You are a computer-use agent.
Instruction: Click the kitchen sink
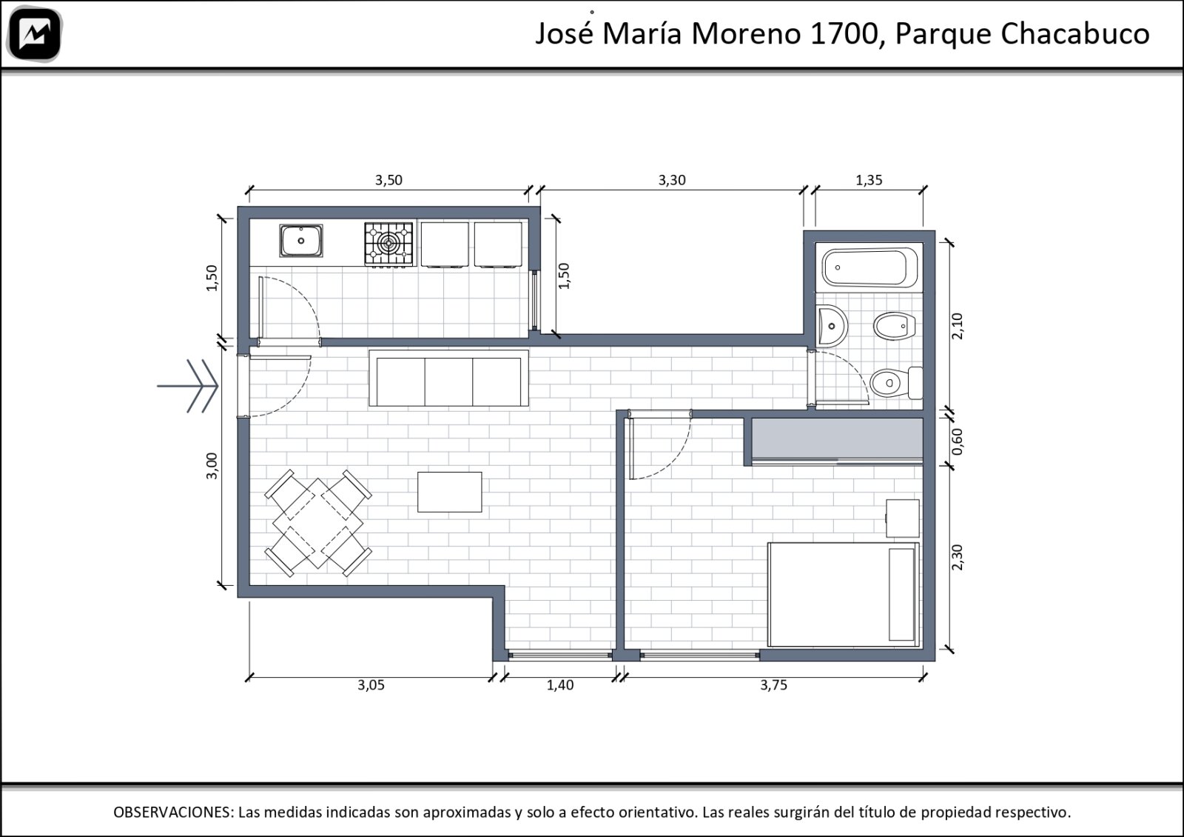pyautogui.click(x=300, y=241)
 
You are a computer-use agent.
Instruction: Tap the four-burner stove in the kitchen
pyautogui.click(x=388, y=244)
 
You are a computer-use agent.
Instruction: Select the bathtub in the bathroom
pyautogui.click(x=870, y=267)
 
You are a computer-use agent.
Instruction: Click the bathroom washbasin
pyautogui.click(x=832, y=326)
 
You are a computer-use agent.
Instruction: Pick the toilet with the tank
pyautogui.click(x=896, y=382)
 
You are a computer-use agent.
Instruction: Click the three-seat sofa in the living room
pyautogui.click(x=448, y=378)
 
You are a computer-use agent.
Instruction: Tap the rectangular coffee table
pyautogui.click(x=450, y=492)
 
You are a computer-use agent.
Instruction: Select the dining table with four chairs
pyautogui.click(x=318, y=523)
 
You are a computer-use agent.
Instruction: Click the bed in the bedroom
pyautogui.click(x=844, y=594)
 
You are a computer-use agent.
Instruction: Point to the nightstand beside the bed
pyautogui.click(x=903, y=518)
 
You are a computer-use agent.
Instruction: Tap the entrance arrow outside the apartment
pyautogui.click(x=188, y=386)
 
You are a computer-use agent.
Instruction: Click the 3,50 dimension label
pyautogui.click(x=389, y=181)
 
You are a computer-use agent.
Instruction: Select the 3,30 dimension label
pyautogui.click(x=672, y=181)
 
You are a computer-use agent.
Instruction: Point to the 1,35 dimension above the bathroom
pyautogui.click(x=869, y=181)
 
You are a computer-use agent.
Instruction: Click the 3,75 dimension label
pyautogui.click(x=774, y=685)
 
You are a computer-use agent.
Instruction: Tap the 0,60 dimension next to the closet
pyautogui.click(x=958, y=441)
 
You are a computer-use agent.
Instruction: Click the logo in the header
pyautogui.click(x=35, y=34)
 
